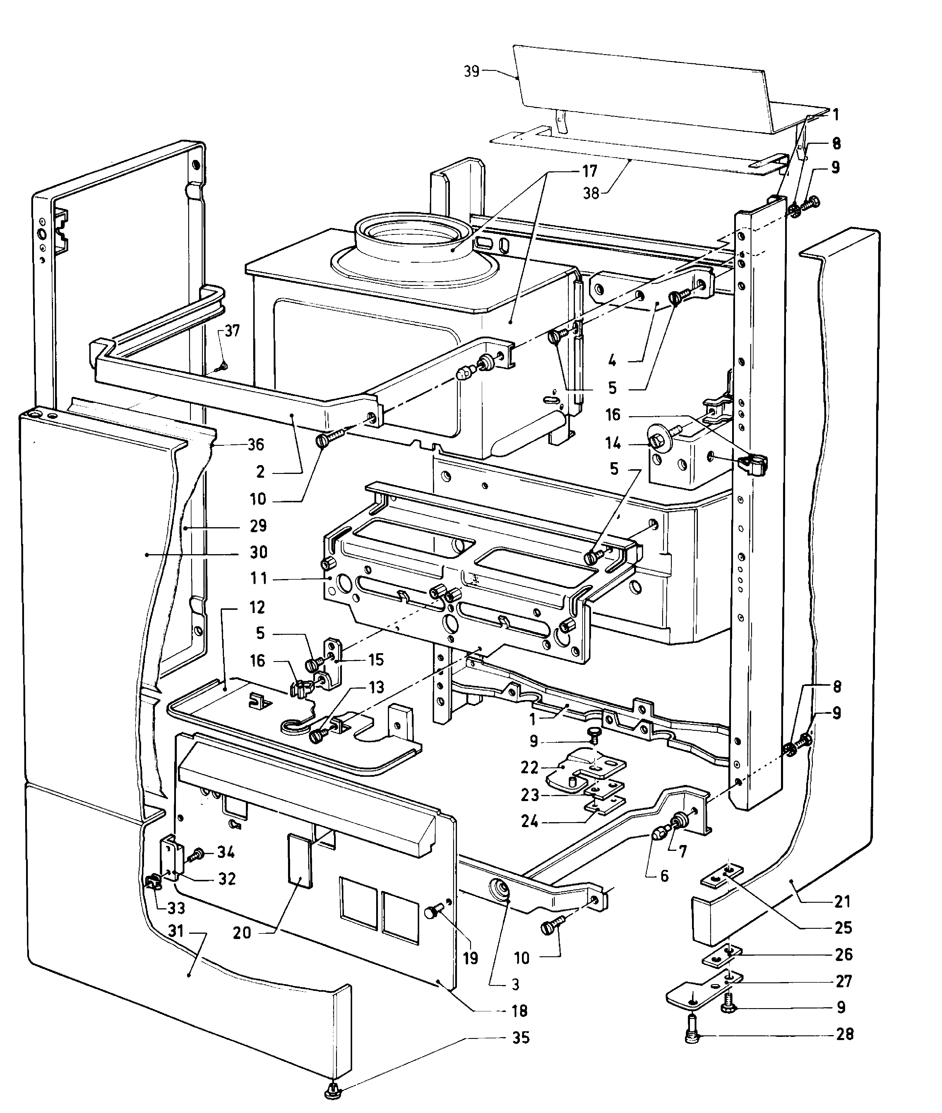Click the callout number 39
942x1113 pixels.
(x=472, y=71)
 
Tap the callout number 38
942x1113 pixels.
(x=591, y=193)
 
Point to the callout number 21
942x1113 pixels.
(x=842, y=902)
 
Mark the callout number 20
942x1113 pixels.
(x=242, y=933)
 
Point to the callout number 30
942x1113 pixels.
(x=259, y=552)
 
